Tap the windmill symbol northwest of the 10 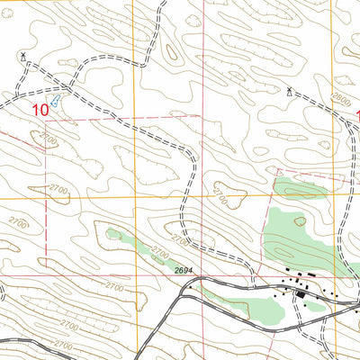(22, 56)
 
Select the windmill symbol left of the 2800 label (290, 91)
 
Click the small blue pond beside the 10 (56, 101)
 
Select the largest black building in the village (299, 292)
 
